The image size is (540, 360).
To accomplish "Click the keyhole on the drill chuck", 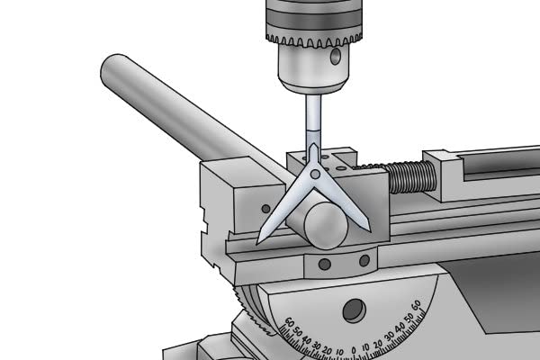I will coord(336,58).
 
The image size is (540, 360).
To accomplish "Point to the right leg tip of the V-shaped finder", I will coord(367,229).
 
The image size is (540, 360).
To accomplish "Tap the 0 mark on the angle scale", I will coord(355,346).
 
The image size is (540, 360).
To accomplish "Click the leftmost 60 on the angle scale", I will coord(289,321).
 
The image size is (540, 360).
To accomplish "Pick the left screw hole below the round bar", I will coord(323,265).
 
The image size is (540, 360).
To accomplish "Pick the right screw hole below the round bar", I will coord(364,261).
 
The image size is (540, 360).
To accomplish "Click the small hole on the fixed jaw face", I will coord(264,209).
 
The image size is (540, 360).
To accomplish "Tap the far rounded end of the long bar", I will coord(112,68).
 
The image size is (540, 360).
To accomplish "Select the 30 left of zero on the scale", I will coord(319,341).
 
